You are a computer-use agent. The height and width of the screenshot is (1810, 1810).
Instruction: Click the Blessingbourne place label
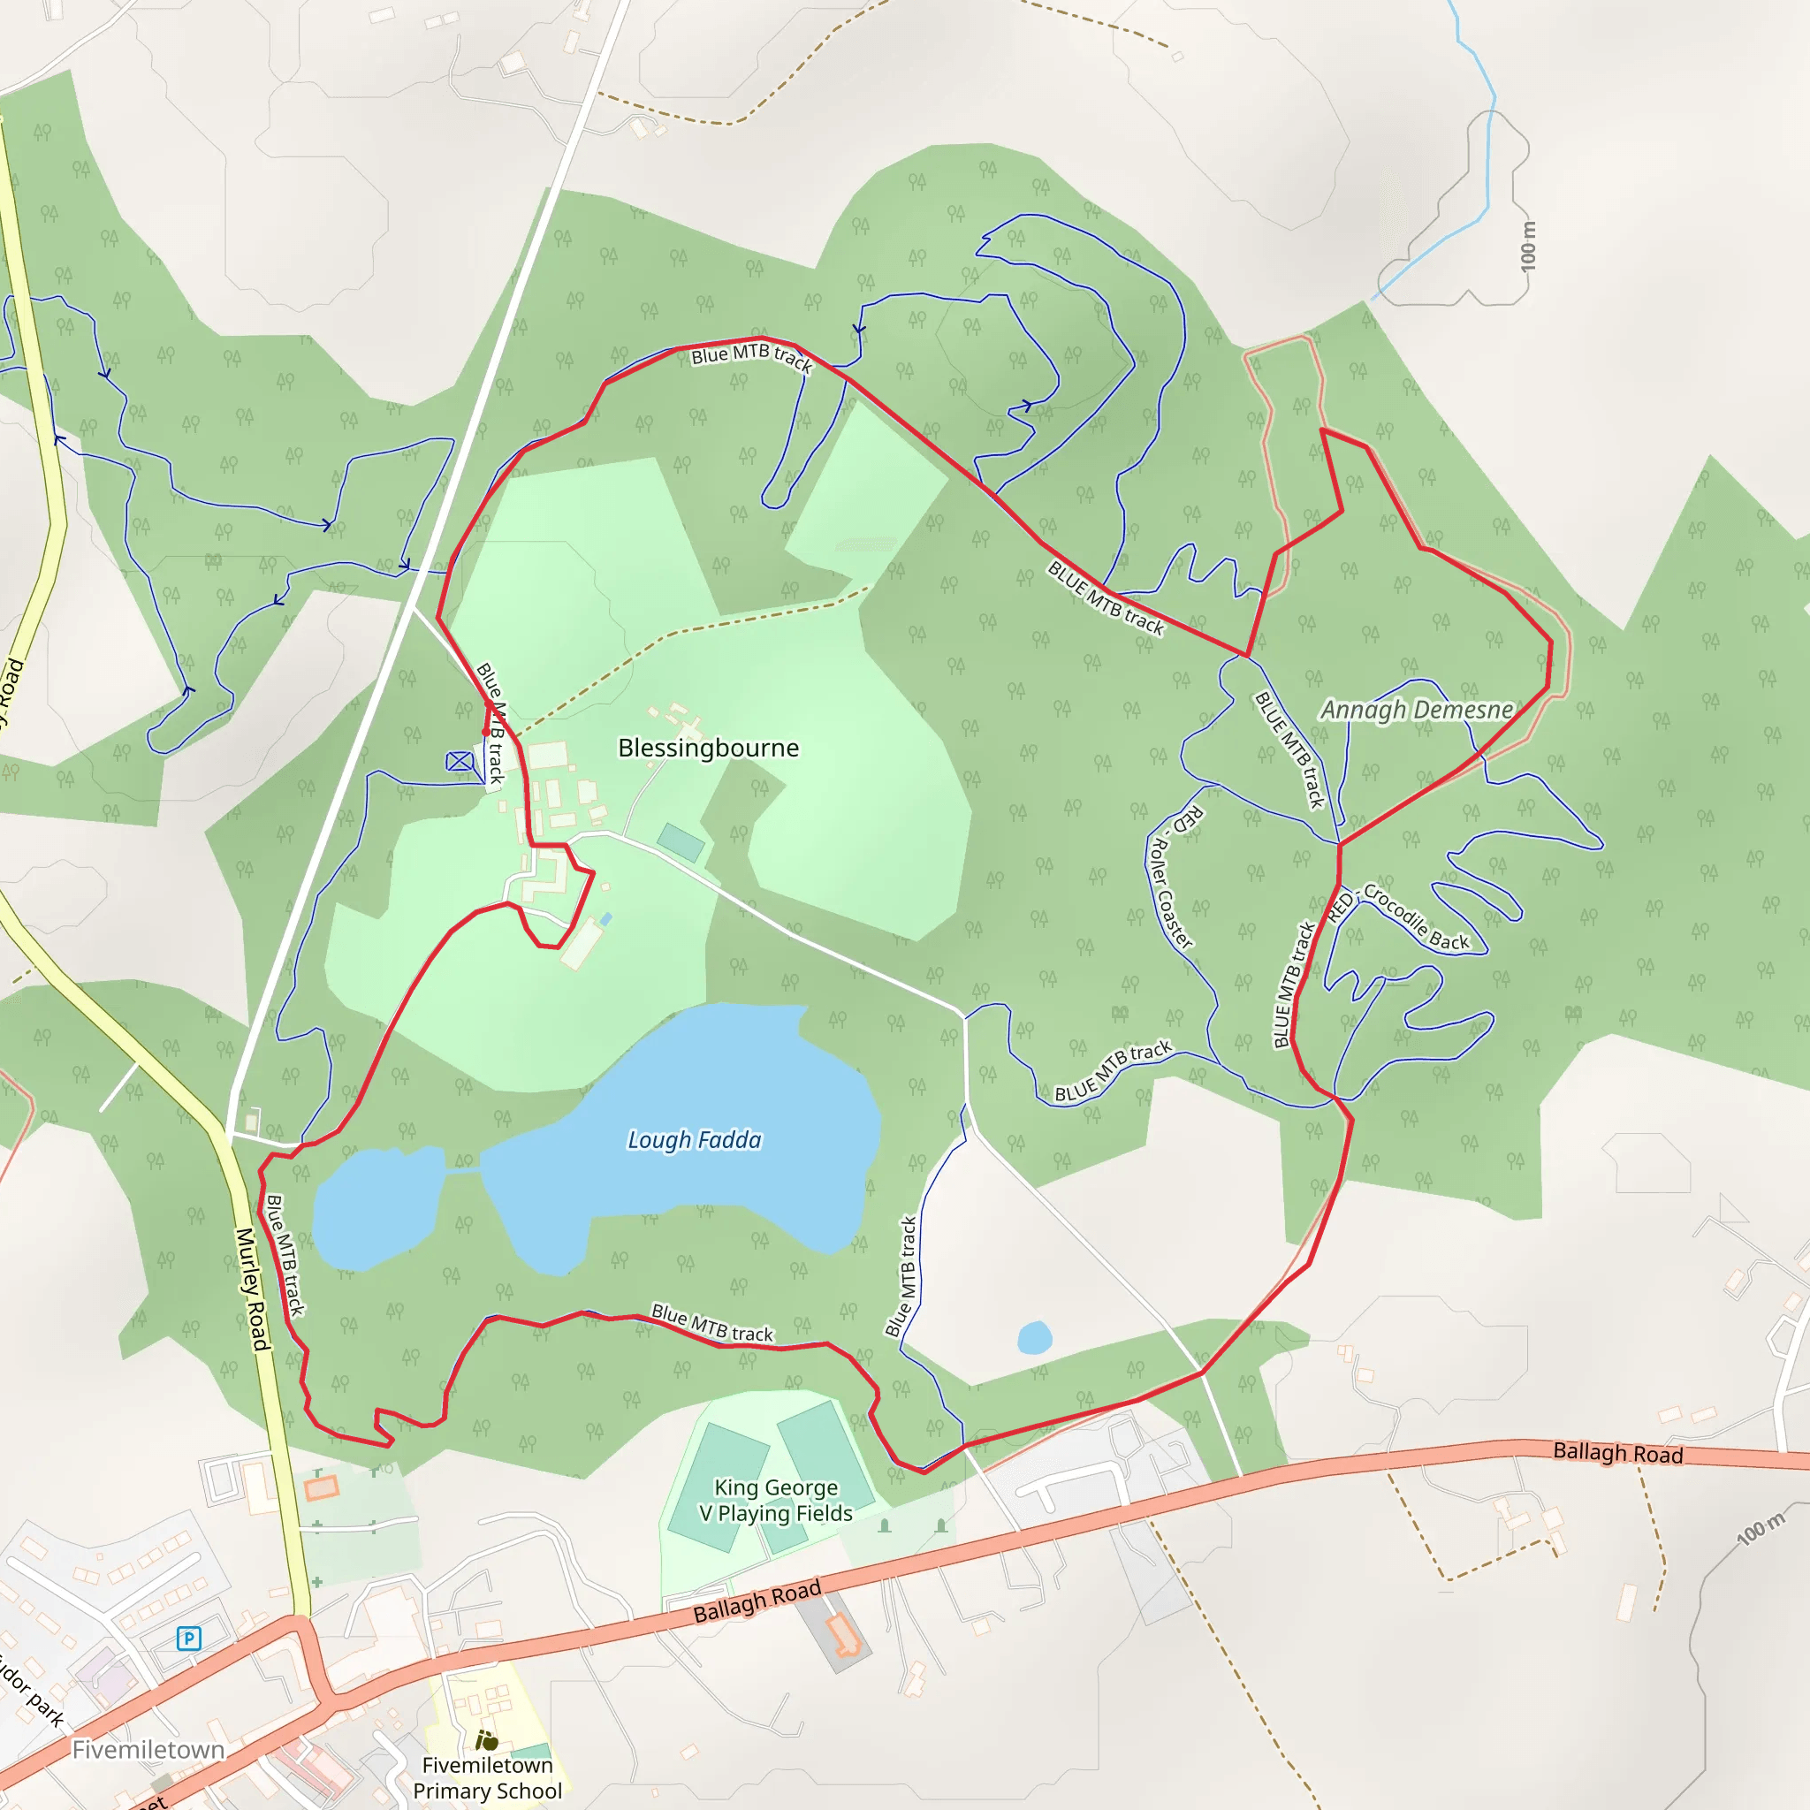point(708,749)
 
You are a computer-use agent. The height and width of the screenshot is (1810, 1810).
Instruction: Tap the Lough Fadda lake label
point(694,1140)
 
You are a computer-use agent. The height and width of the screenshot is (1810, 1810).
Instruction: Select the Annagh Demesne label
point(1416,711)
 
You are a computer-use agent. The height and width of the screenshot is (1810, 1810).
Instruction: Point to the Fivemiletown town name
point(148,1750)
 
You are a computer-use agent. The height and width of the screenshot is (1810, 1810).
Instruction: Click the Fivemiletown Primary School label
point(487,1778)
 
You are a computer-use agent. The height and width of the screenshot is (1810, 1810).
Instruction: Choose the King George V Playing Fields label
point(776,1500)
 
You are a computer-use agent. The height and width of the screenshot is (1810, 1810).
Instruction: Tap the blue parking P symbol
point(188,1639)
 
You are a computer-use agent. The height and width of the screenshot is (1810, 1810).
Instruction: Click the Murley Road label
point(252,1289)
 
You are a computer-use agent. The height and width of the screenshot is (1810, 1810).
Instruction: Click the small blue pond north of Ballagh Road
point(1034,1338)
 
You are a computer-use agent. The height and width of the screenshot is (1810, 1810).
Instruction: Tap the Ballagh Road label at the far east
point(1618,1453)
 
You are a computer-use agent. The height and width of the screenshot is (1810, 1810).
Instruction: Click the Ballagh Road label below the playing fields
point(757,1601)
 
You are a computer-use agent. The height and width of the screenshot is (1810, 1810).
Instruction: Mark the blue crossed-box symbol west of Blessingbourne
point(459,762)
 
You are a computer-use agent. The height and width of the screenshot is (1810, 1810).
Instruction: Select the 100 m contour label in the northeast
point(1529,247)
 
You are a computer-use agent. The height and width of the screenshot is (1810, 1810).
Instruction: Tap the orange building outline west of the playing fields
point(322,1487)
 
